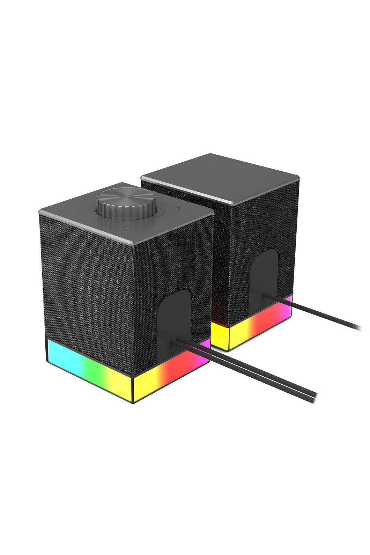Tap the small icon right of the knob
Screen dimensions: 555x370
180,208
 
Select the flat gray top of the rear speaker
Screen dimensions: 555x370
220,175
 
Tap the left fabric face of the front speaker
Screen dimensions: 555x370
87,279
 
